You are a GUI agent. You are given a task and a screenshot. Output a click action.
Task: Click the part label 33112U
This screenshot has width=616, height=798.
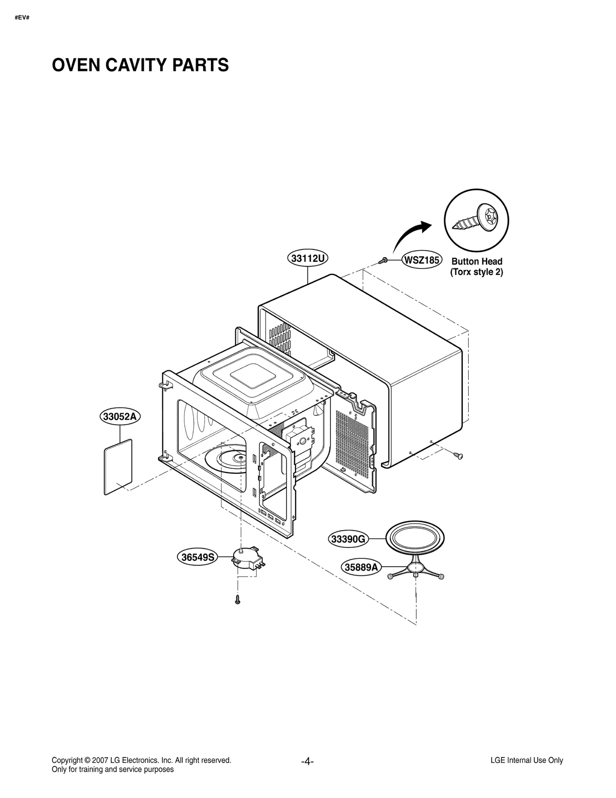tap(308, 258)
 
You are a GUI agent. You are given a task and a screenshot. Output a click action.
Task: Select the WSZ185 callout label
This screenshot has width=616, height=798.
tap(422, 260)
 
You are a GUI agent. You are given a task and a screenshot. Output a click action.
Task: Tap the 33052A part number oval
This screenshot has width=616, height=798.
tap(120, 417)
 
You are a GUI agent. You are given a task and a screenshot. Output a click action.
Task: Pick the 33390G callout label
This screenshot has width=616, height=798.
tap(348, 539)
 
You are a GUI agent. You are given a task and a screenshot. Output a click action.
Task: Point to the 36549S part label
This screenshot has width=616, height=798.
tap(198, 557)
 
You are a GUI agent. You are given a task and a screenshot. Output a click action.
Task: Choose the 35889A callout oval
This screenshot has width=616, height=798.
tap(361, 567)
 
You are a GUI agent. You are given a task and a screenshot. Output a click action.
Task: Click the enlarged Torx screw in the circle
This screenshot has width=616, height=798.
tap(476, 220)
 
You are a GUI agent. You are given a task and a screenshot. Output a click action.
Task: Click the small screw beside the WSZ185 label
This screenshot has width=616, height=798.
tap(383, 261)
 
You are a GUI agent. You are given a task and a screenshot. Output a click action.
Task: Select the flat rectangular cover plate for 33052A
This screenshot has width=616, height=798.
tap(118, 467)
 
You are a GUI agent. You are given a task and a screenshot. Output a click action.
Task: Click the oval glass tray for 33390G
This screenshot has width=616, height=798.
tap(415, 538)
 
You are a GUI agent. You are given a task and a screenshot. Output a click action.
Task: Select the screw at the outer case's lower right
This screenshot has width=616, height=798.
tap(458, 456)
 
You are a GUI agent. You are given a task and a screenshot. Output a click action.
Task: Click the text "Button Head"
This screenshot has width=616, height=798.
tap(477, 261)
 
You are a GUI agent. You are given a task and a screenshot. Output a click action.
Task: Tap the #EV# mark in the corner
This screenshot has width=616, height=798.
tap(22, 18)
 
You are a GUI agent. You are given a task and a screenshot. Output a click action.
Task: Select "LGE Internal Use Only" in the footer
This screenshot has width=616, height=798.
tap(526, 760)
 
